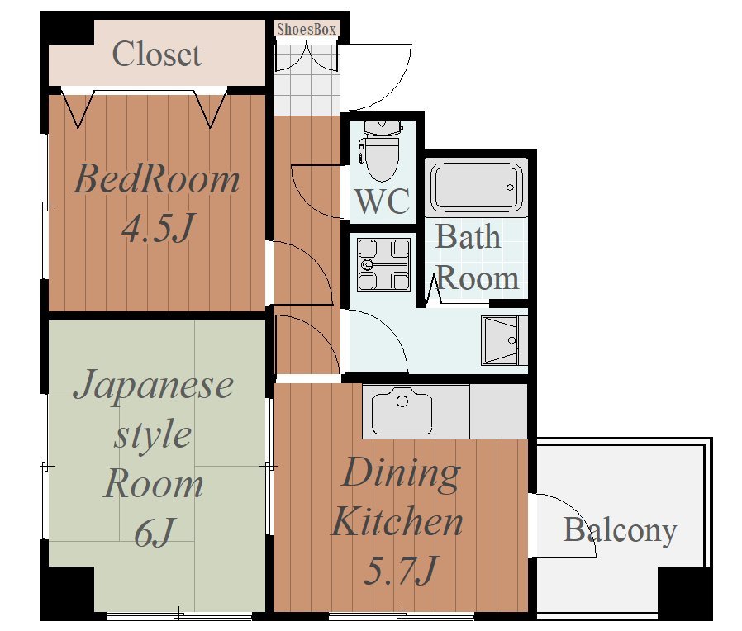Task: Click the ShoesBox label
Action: [307, 30]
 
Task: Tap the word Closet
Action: [157, 54]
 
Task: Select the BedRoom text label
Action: [157, 178]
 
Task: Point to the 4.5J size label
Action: [158, 227]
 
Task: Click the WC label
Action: [383, 201]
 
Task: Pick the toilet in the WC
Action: [381, 150]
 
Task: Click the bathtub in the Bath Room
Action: [476, 187]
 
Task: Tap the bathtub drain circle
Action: [510, 187]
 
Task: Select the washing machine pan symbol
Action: [383, 264]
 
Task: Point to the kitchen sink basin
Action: [402, 411]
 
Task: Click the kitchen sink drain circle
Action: [402, 401]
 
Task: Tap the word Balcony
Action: [620, 531]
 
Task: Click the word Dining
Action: [401, 474]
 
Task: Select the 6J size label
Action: [155, 532]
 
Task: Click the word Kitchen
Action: [397, 521]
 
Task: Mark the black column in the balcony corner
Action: [685, 591]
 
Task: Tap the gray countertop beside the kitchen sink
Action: [498, 411]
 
